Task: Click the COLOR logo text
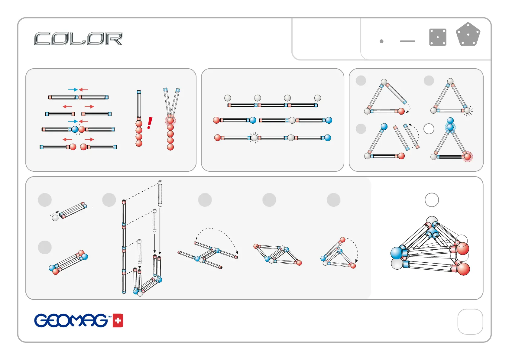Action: click(x=78, y=39)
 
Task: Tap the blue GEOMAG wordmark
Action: click(x=71, y=320)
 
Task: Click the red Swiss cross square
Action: click(x=118, y=321)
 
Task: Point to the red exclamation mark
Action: click(x=150, y=123)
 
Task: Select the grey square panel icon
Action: click(x=438, y=37)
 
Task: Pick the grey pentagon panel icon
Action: click(x=468, y=35)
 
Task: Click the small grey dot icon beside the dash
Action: click(x=381, y=41)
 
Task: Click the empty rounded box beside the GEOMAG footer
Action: click(x=470, y=322)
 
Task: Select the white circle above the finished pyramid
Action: click(x=432, y=200)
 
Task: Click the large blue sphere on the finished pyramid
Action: click(x=397, y=253)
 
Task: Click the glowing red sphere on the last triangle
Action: click(x=467, y=157)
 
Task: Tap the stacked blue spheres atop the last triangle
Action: click(x=450, y=125)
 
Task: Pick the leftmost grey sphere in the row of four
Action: click(x=228, y=98)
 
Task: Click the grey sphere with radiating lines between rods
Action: click(x=254, y=138)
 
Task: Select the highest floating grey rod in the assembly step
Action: click(x=160, y=193)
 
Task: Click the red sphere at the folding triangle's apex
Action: click(x=342, y=240)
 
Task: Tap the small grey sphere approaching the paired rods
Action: click(x=55, y=218)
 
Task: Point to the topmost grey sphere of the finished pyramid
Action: click(x=432, y=221)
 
